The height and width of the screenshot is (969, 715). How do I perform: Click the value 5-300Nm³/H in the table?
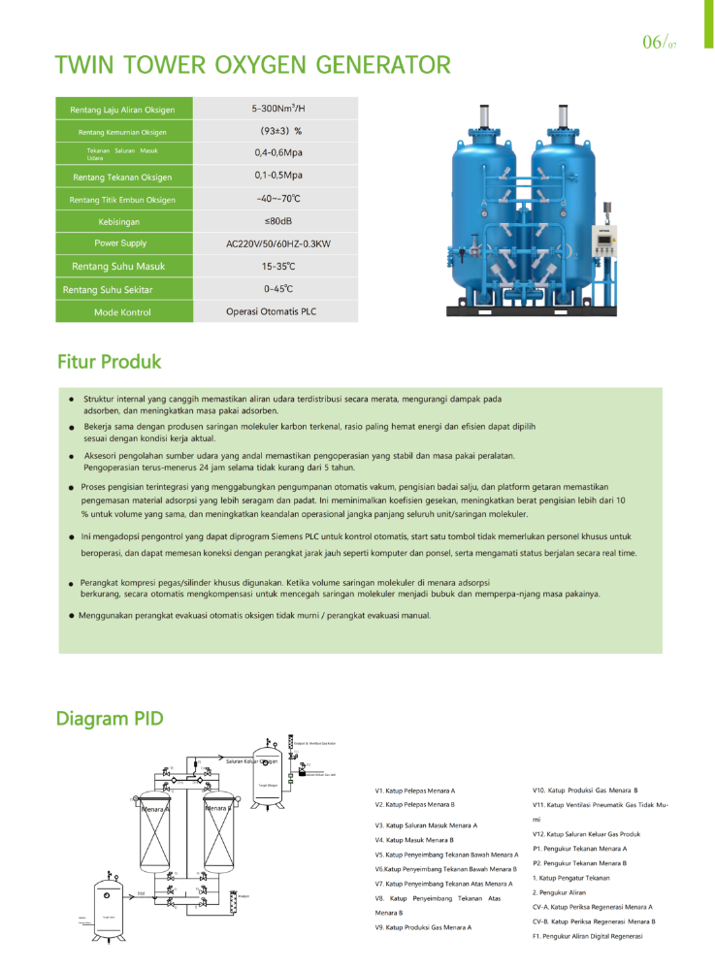pyautogui.click(x=277, y=109)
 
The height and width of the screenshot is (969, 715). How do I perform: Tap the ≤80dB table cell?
pyautogui.click(x=277, y=221)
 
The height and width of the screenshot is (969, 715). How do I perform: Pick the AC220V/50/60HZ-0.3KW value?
pyautogui.click(x=277, y=243)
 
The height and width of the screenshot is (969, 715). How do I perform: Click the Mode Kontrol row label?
pyautogui.click(x=122, y=312)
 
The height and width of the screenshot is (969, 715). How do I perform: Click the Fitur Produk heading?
pyautogui.click(x=109, y=362)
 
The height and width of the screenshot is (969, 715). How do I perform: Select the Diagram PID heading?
pyautogui.click(x=110, y=719)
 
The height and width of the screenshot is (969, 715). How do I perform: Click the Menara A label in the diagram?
pyautogui.click(x=154, y=808)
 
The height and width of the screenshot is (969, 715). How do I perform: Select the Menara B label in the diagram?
pyautogui.click(x=217, y=808)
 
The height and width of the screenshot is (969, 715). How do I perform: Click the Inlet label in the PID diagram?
pyautogui.click(x=141, y=892)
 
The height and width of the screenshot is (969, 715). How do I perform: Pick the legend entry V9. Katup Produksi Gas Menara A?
pyautogui.click(x=423, y=927)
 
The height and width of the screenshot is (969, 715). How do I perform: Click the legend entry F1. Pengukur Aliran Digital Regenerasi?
pyautogui.click(x=587, y=936)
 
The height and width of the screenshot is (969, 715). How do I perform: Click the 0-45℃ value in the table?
pyautogui.click(x=277, y=289)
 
